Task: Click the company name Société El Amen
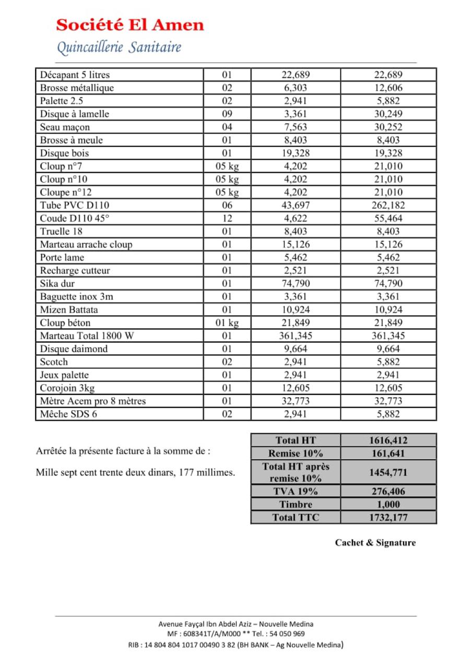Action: coord(130,25)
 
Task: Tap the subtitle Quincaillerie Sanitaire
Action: coord(119,48)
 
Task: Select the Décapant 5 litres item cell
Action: coord(75,75)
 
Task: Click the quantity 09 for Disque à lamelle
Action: coord(227,114)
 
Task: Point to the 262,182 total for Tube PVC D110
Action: coord(388,206)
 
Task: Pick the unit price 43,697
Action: coord(296,206)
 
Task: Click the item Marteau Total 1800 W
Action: coord(87,336)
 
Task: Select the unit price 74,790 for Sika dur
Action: coord(296,284)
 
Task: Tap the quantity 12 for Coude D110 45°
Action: coord(227,219)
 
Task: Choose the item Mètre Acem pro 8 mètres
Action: coord(93,401)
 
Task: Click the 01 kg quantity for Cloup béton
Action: coord(227,323)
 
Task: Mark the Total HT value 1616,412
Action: coord(388,440)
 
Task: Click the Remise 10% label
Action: coord(296,454)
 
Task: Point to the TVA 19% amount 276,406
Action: coord(388,491)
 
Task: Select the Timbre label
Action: coord(296,504)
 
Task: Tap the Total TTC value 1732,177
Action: coord(388,517)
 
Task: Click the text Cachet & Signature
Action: coord(375,543)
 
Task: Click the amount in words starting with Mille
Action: coord(135,473)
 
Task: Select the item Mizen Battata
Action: coord(69,310)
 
